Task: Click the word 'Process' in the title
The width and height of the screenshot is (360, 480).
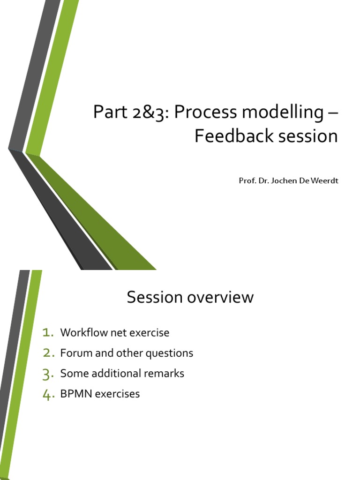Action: [x=205, y=112]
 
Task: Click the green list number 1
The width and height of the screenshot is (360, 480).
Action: [x=48, y=332]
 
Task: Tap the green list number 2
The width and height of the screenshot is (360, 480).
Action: [x=49, y=353]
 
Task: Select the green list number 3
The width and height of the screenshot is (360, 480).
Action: [x=48, y=374]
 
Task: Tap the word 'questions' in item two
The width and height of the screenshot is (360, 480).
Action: [x=169, y=354]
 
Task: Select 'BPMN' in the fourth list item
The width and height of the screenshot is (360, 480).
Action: [x=76, y=394]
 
